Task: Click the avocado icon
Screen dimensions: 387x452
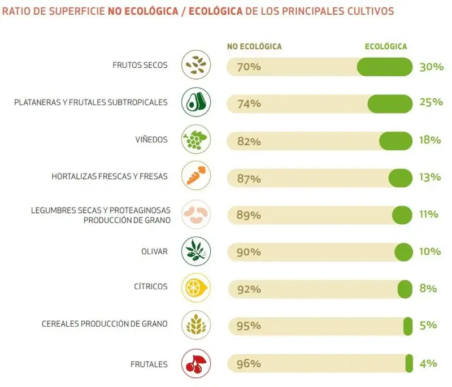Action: tap(196, 102)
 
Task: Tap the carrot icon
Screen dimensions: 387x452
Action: tap(196, 176)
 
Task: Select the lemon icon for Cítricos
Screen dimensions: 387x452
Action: tap(196, 287)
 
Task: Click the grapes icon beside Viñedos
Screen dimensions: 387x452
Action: tap(196, 139)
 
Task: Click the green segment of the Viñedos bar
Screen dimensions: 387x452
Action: tap(395, 141)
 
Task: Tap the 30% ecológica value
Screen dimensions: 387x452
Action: tap(431, 67)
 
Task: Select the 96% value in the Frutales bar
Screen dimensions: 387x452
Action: tap(249, 364)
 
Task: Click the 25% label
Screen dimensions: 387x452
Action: tap(431, 102)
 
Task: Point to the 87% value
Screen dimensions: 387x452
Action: tap(249, 179)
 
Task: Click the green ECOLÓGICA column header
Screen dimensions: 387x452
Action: tap(386, 46)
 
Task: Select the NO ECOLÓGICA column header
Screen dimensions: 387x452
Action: tap(254, 46)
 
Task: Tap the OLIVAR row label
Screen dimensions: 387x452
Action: tap(155, 251)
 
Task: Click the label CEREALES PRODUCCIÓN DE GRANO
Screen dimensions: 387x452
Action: tap(105, 324)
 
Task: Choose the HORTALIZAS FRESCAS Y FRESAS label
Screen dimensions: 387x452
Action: tap(110, 176)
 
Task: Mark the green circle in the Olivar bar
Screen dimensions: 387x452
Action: tap(403, 252)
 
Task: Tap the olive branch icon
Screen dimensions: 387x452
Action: tap(196, 251)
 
